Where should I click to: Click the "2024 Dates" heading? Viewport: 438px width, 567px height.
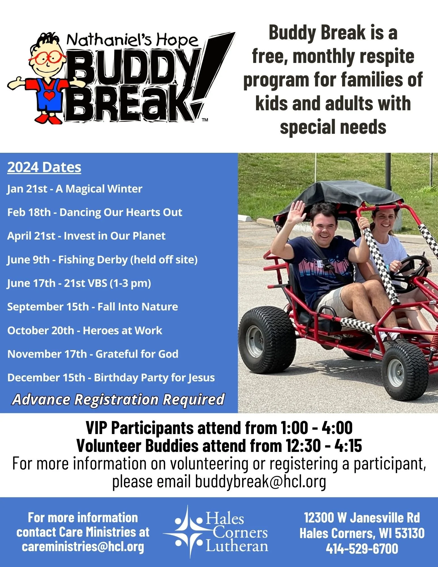pos(44,167)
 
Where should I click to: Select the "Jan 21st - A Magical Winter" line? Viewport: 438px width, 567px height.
pos(75,189)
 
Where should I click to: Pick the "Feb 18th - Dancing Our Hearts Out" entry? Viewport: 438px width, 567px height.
pos(95,212)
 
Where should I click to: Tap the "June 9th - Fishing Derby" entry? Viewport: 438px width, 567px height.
pos(102,260)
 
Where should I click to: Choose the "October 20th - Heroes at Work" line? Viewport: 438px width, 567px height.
pos(85,331)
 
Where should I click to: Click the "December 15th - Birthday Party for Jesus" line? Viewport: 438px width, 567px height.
pos(111,378)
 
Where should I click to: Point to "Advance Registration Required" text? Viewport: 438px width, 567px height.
pos(119,399)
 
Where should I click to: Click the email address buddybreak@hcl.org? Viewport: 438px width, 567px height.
pos(261,481)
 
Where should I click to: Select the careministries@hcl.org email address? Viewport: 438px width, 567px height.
pos(83,547)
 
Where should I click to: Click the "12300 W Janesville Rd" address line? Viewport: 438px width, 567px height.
pos(362,518)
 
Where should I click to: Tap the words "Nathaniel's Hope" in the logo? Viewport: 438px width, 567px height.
pos(132,40)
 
